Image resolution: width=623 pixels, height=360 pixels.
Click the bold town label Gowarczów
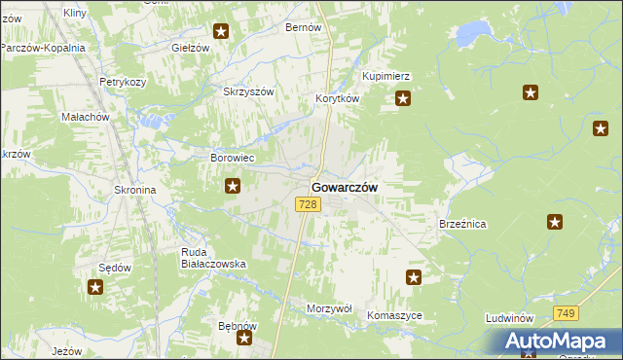click(345, 187)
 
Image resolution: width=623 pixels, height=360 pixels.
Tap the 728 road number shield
click(308, 203)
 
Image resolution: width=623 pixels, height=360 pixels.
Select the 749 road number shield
click(567, 312)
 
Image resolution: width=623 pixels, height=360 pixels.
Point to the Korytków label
click(339, 99)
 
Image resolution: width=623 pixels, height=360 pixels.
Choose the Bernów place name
click(303, 27)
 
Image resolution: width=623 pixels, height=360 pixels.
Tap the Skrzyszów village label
click(250, 91)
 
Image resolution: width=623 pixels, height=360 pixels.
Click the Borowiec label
click(233, 157)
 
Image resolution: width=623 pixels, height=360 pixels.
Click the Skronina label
click(135, 190)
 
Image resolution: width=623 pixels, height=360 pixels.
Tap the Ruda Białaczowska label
click(213, 258)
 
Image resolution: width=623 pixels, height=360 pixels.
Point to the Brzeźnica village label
click(462, 224)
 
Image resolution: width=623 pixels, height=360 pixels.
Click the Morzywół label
click(328, 307)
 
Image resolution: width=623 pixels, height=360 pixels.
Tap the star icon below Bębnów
click(244, 339)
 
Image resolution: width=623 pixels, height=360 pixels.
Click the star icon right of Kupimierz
click(403, 97)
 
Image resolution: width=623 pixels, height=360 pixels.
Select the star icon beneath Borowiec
click(233, 185)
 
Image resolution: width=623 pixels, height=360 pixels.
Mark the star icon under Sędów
click(95, 286)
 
